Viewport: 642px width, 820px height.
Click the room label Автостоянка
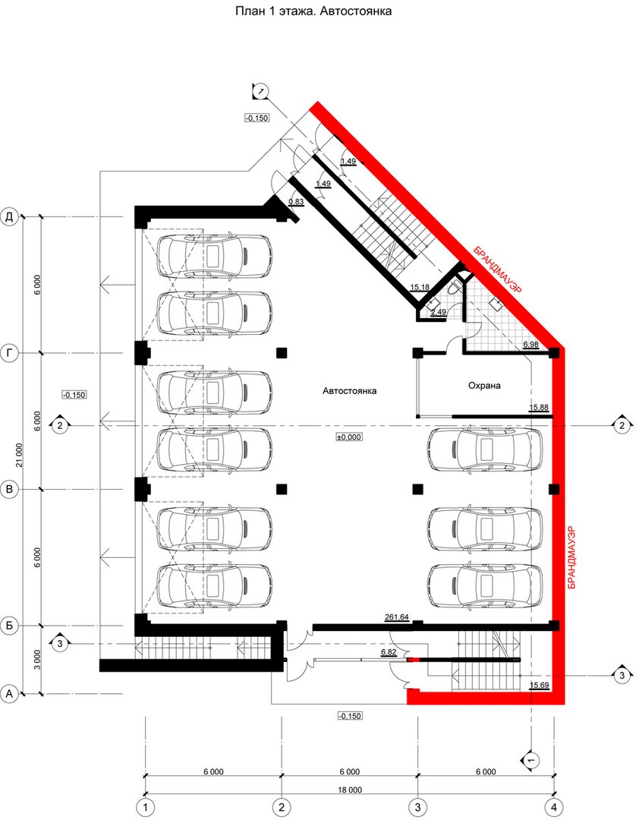pyautogui.click(x=349, y=391)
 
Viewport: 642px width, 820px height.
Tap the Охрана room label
pyautogui.click(x=483, y=386)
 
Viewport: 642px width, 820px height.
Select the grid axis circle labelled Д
pyautogui.click(x=10, y=216)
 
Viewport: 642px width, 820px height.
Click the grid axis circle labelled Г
pyautogui.click(x=10, y=353)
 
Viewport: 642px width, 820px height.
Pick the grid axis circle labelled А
pyautogui.click(x=9, y=694)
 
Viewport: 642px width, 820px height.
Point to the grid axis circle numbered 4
pyautogui.click(x=553, y=807)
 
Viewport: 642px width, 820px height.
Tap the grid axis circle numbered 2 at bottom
pyautogui.click(x=282, y=807)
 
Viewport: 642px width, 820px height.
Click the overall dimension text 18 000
pyautogui.click(x=349, y=790)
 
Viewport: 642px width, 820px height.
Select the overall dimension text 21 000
pyautogui.click(x=19, y=455)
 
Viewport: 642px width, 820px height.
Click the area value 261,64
pyautogui.click(x=396, y=617)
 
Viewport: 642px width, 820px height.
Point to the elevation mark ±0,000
pyautogui.click(x=349, y=437)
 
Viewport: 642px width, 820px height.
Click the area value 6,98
pyautogui.click(x=530, y=344)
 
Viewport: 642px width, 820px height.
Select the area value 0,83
pyautogui.click(x=296, y=201)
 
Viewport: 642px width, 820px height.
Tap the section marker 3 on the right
pyautogui.click(x=622, y=676)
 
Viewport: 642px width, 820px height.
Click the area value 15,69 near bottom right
pyautogui.click(x=539, y=685)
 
